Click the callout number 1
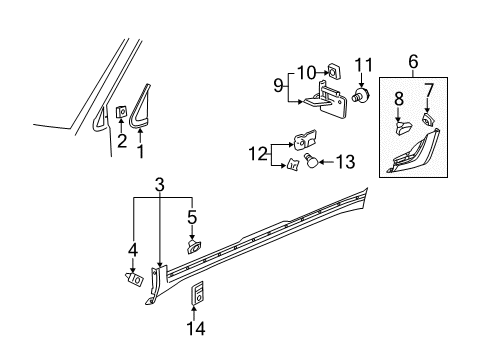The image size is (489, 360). coord(141,151)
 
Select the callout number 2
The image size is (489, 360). coord(121,143)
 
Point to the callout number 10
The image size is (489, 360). coord(311,70)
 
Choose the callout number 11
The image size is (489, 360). coord(361,67)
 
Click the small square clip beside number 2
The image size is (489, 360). coord(121,112)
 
